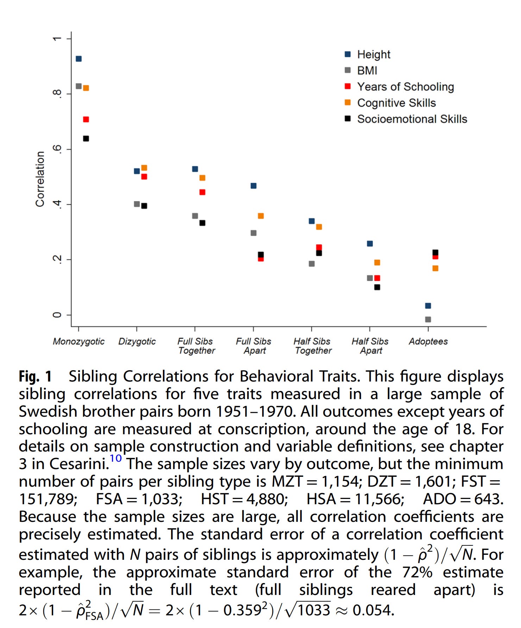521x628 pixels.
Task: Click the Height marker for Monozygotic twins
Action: click(79, 59)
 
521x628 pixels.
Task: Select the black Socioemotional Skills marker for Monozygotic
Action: click(86, 139)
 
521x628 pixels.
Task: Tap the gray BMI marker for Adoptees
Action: click(428, 319)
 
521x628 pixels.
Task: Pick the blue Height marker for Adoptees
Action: click(428, 306)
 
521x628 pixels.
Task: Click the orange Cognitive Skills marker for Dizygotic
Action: click(144, 168)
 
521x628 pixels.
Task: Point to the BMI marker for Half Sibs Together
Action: click(312, 264)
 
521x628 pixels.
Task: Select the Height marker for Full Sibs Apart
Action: click(253, 186)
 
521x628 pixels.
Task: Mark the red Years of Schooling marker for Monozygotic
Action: click(86, 120)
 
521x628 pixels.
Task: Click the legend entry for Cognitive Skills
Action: click(396, 103)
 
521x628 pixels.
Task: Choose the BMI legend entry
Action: click(367, 70)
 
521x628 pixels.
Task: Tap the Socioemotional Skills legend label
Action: click(412, 119)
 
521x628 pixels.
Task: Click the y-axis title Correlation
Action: click(40, 179)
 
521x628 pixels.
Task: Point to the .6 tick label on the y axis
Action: click(57, 149)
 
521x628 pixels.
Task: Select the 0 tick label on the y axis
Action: click(57, 315)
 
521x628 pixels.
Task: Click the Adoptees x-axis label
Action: click(428, 341)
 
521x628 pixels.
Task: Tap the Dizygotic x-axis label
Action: click(137, 341)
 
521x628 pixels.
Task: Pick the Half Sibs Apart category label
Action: click(370, 346)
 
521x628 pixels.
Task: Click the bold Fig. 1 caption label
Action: click(35, 376)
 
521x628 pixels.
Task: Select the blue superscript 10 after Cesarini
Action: click(115, 458)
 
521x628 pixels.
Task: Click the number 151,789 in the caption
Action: click(48, 499)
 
